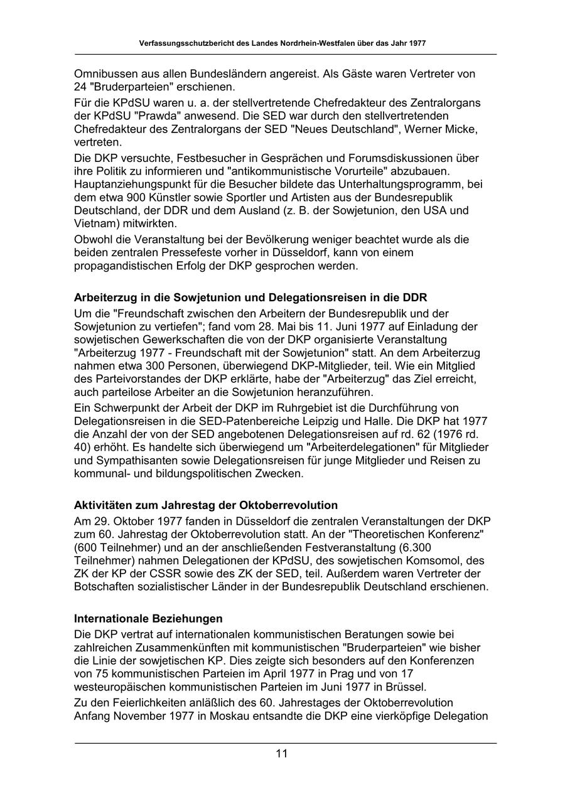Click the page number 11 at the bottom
click(x=281, y=753)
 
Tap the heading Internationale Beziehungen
click(x=148, y=619)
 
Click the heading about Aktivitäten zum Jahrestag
click(x=206, y=505)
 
